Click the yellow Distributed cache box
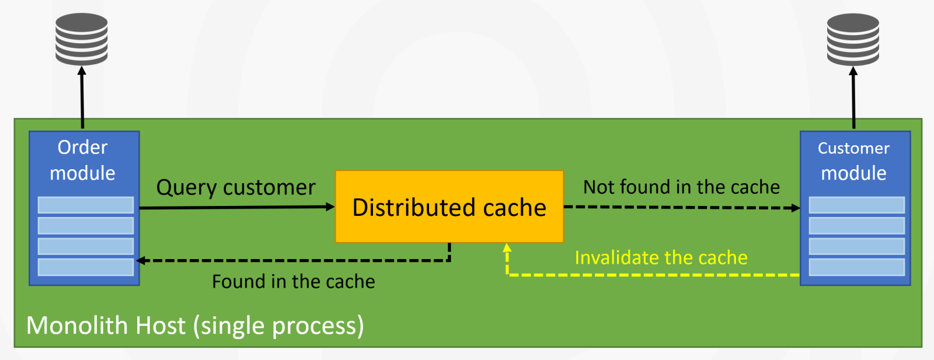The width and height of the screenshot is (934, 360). tap(449, 207)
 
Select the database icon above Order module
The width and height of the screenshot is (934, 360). tap(81, 39)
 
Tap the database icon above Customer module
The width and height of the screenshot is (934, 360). tap(853, 39)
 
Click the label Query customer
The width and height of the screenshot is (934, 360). tap(236, 187)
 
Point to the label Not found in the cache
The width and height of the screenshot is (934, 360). tap(681, 187)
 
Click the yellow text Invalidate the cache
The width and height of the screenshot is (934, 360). tap(661, 257)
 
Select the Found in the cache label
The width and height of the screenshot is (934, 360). tap(293, 282)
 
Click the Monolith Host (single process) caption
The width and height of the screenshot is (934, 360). tap(195, 326)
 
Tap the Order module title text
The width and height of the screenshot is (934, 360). tap(82, 160)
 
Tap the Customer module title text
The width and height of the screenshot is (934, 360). tap(853, 160)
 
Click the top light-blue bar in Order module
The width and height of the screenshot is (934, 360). tap(85, 205)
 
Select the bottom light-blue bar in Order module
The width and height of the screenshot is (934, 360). tap(85, 267)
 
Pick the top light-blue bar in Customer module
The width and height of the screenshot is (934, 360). tap(856, 205)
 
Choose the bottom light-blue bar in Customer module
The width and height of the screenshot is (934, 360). tap(856, 267)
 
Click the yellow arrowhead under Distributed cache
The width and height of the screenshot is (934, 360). tap(507, 247)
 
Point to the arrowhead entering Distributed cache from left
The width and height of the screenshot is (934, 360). tap(330, 207)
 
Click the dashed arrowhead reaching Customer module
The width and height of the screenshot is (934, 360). tap(796, 208)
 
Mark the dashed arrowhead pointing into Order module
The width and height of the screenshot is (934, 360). tap(141, 260)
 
